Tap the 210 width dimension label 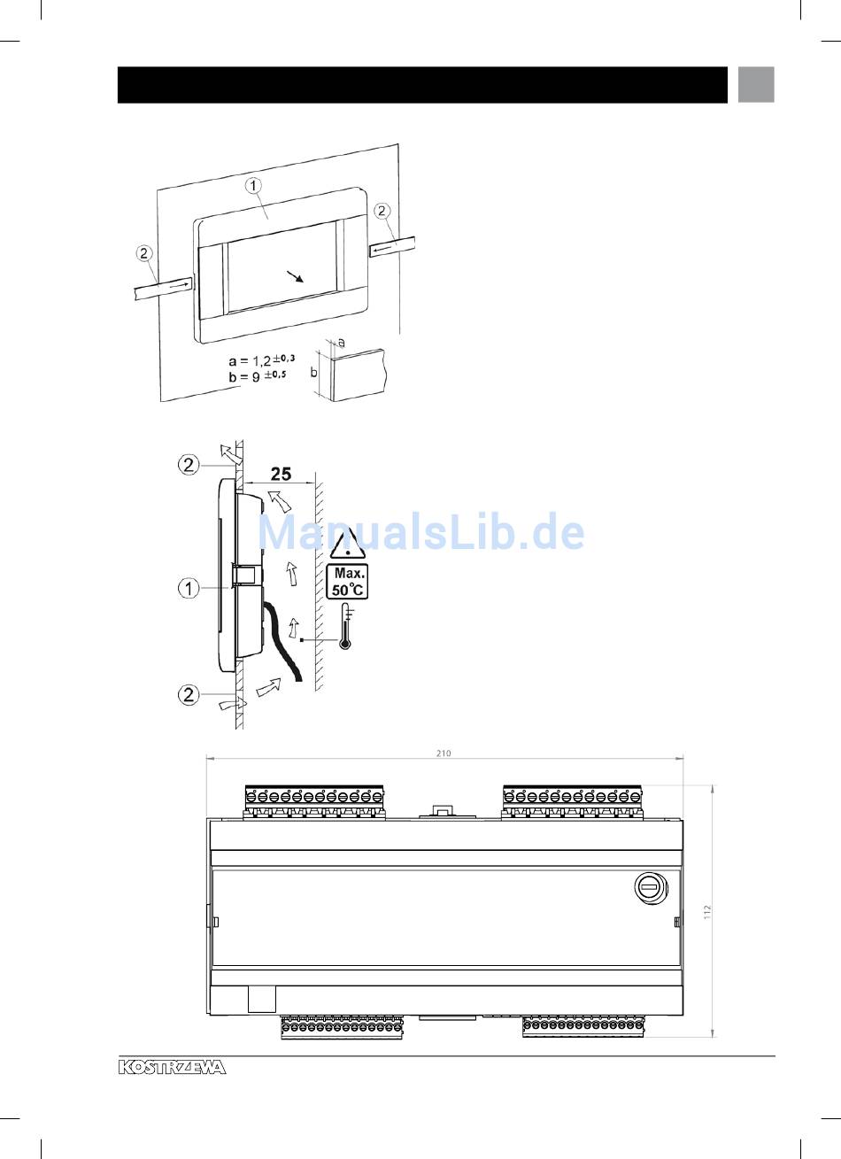tap(444, 753)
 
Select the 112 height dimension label tap(708, 912)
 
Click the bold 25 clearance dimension tap(281, 474)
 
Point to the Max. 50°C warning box tap(348, 581)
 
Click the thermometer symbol tap(345, 627)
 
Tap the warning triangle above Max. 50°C tap(348, 544)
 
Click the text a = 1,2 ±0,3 tap(262, 359)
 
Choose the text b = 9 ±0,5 tap(257, 375)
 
